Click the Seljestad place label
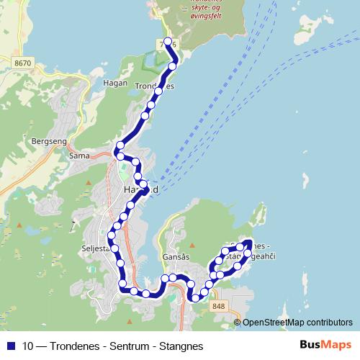pyautogui.click(x=96, y=248)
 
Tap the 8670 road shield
pyautogui.click(x=22, y=63)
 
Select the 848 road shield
pyautogui.click(x=218, y=307)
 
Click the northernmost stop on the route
pyautogui.click(x=167, y=41)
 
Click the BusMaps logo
pyautogui.click(x=326, y=346)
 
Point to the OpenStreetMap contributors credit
pyautogui.click(x=297, y=323)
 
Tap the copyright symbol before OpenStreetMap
pyautogui.click(x=238, y=323)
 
